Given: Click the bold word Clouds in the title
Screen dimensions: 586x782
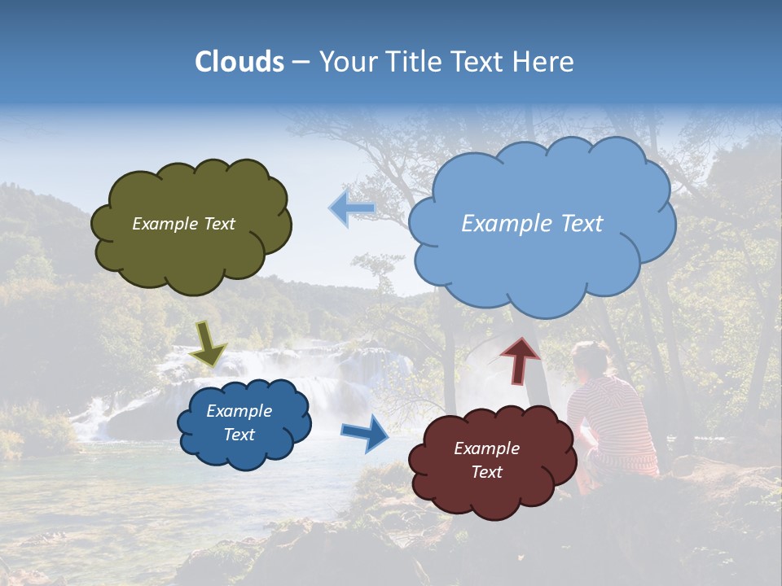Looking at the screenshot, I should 239,62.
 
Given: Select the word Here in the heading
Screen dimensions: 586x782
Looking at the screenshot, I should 547,62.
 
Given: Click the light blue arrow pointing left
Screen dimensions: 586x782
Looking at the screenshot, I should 352,209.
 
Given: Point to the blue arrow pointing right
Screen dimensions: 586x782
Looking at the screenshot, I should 366,433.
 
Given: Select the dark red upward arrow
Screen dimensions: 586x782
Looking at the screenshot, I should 520,360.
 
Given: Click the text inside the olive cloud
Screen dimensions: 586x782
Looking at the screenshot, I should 183,224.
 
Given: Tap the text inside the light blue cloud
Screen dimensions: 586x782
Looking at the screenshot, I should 532,224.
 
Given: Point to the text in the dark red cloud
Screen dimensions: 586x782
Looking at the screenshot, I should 486,460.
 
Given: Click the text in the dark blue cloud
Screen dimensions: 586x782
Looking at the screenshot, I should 239,422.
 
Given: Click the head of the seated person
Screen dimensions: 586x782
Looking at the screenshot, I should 590,359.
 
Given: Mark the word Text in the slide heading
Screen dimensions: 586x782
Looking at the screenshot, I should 481,62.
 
